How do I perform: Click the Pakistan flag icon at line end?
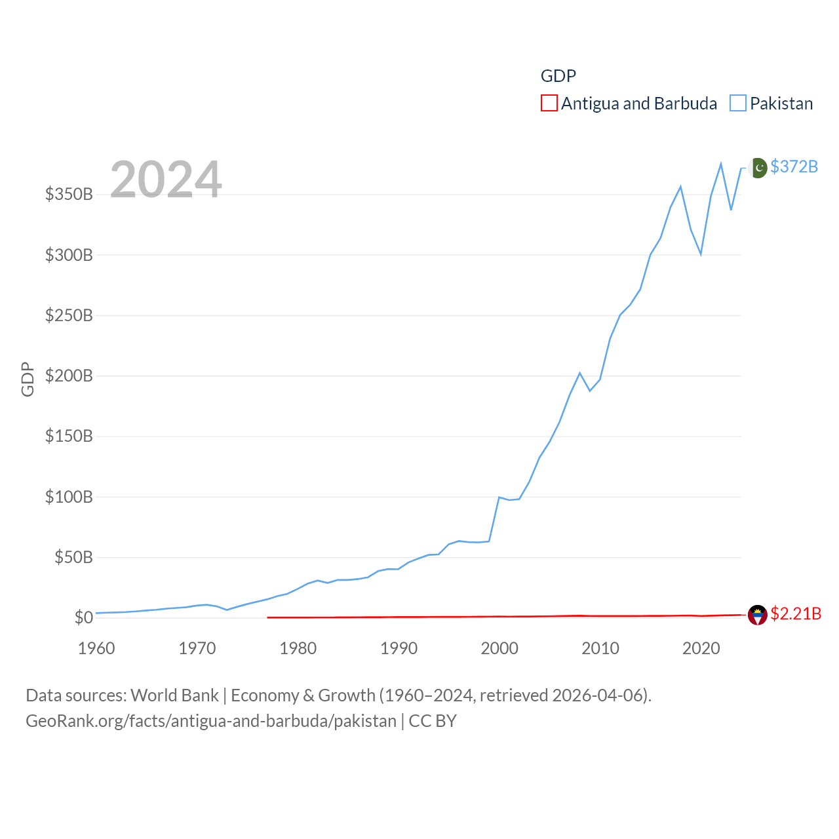pos(758,168)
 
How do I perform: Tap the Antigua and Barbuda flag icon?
pos(758,615)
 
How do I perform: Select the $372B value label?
pos(794,166)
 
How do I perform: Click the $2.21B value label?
pos(796,614)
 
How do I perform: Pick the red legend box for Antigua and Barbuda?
pos(549,104)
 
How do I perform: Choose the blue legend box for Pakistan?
pos(738,104)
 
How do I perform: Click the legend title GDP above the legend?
pos(558,76)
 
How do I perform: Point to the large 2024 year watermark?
pos(166,179)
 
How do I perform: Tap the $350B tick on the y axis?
pos(69,194)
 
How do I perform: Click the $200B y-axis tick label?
pos(69,376)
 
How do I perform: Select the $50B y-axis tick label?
pos(73,557)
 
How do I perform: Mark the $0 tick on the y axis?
pos(83,617)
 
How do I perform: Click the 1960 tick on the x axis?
pos(96,648)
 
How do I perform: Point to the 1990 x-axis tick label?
pos(399,648)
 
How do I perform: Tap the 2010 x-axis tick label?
pos(600,648)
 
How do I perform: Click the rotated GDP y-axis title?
pos(28,379)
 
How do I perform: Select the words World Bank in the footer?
pos(174,695)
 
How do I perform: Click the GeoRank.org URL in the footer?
pos(211,721)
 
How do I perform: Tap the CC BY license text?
pos(433,721)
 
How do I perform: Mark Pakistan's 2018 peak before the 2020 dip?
pos(680,187)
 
